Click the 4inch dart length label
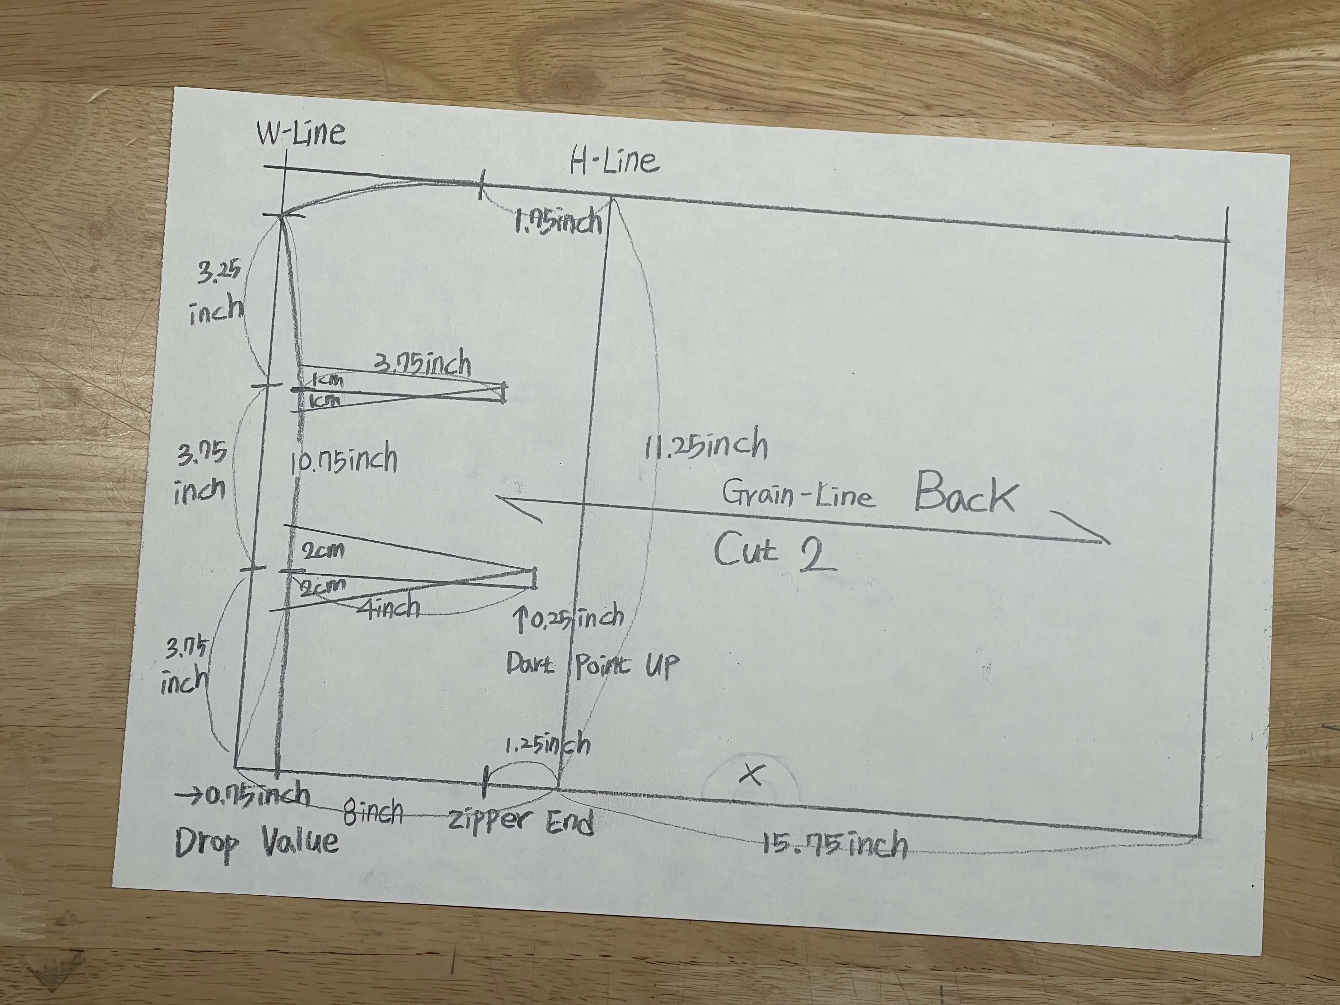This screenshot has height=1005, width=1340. tap(388, 608)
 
